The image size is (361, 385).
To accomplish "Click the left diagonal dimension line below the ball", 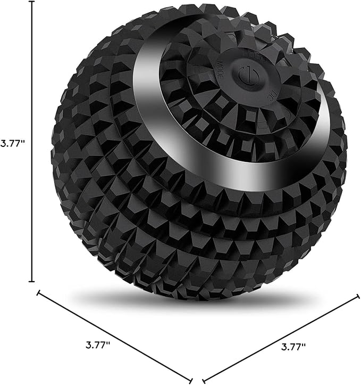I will tap(114, 335).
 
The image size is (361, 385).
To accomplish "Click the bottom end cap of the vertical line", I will tap(32, 282).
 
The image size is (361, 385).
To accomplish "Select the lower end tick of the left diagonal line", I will tap(190, 379).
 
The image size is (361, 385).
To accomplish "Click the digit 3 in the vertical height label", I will tap(4, 144).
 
